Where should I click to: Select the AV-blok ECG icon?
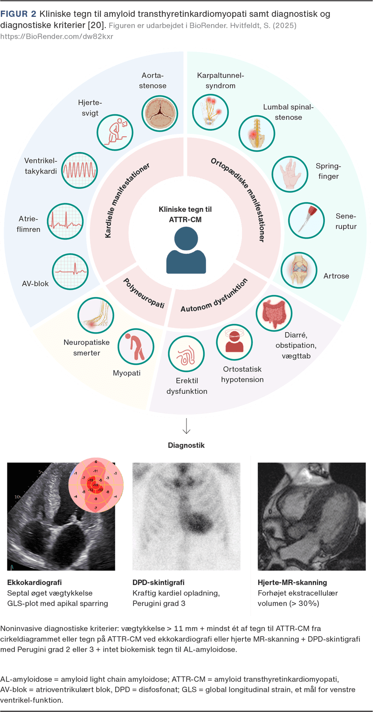[68, 272]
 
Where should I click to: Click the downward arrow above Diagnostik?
[186, 426]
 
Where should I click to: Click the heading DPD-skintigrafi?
[159, 582]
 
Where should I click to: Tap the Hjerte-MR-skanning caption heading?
[292, 582]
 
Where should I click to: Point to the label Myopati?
[126, 373]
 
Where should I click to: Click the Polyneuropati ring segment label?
[144, 294]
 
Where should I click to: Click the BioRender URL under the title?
[56, 36]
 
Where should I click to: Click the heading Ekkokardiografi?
[35, 582]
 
